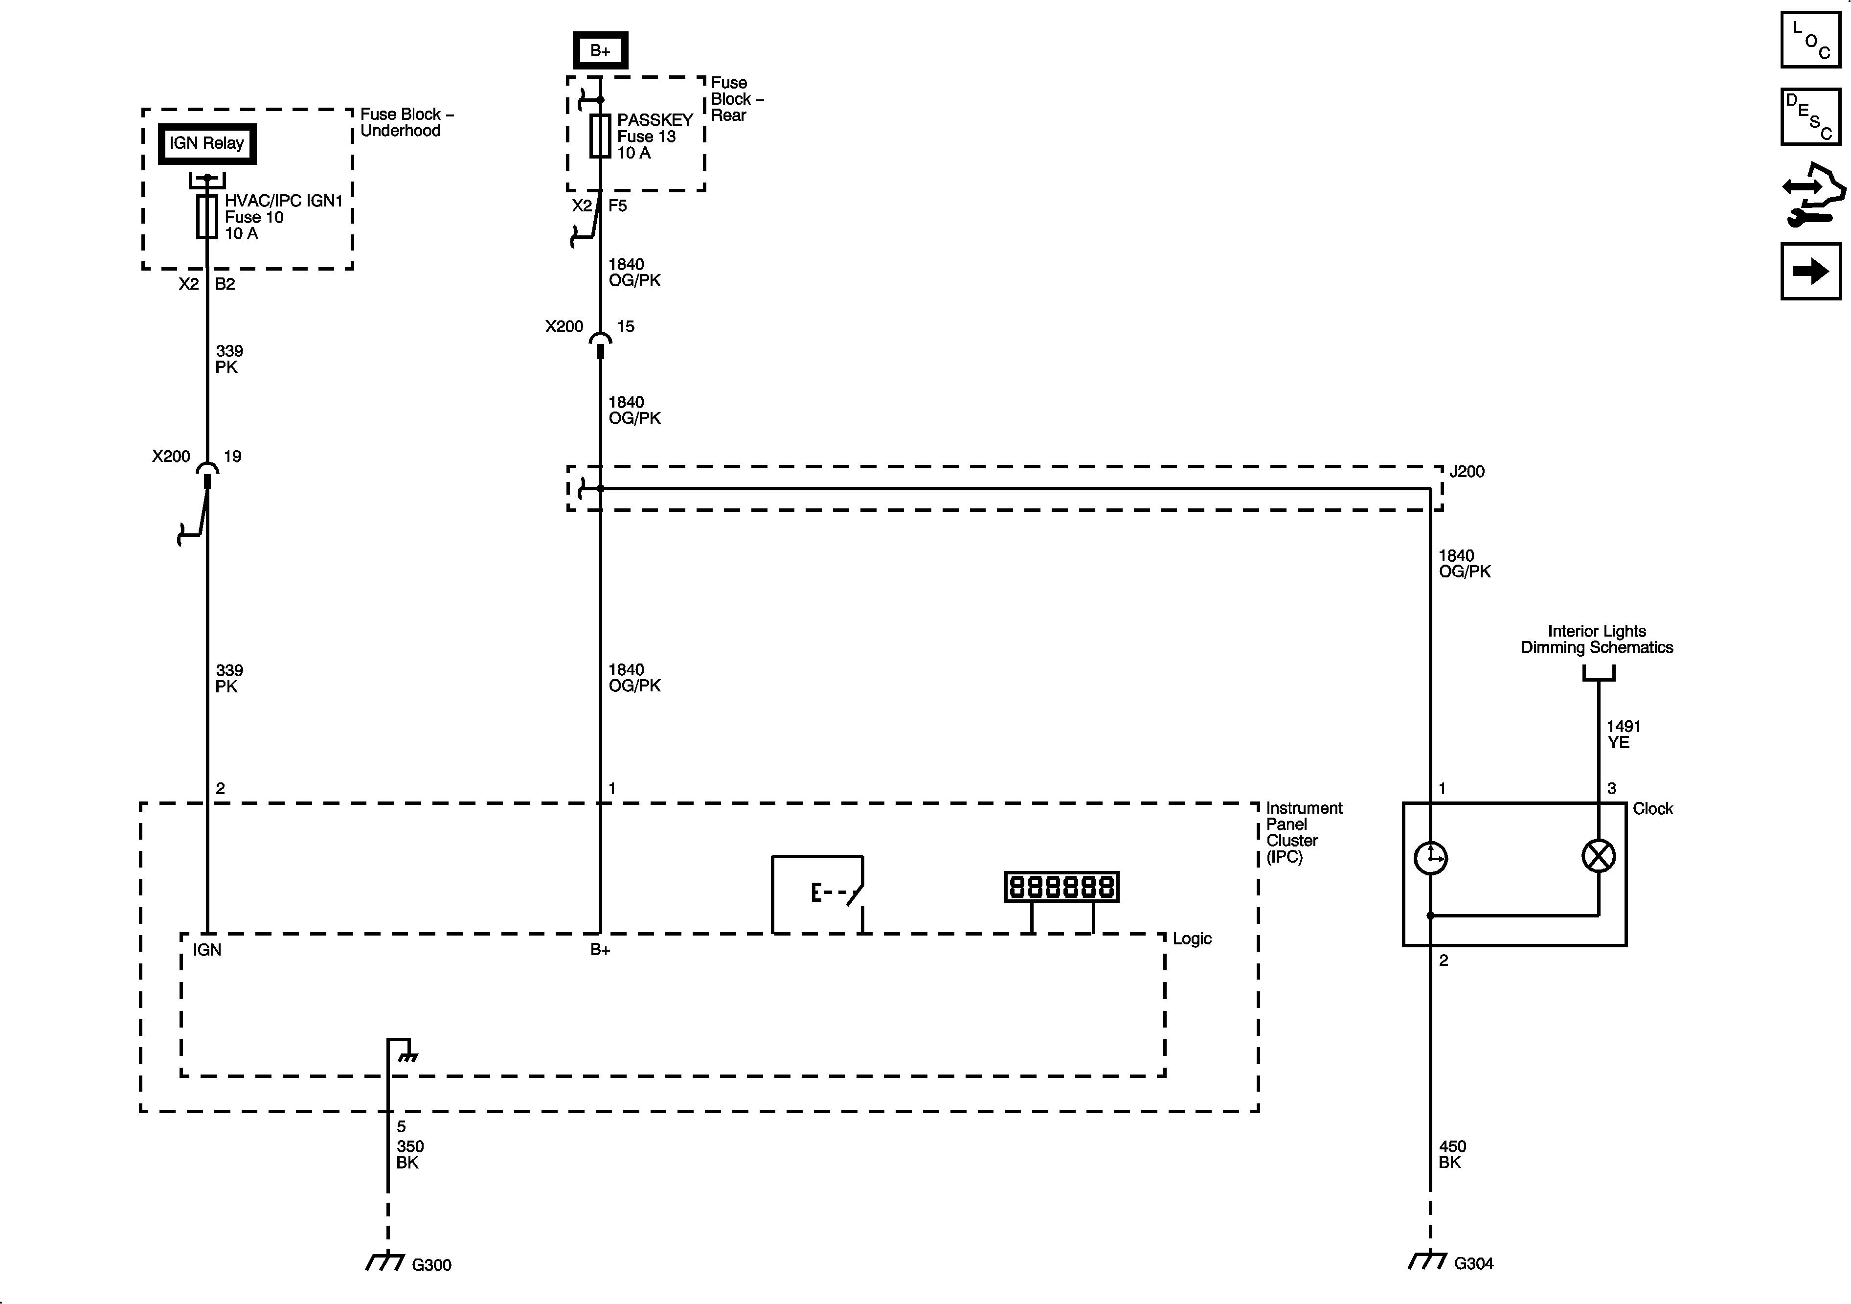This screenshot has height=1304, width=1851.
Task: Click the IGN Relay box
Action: [x=206, y=143]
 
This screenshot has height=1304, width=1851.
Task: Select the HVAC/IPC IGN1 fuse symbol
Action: [x=207, y=216]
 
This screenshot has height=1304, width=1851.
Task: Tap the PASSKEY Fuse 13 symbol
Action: [x=600, y=136]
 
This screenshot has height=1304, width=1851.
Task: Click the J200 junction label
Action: [x=1467, y=472]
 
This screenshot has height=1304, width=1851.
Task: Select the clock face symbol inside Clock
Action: [x=1431, y=857]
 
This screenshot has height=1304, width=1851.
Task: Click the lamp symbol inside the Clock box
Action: [x=1599, y=856]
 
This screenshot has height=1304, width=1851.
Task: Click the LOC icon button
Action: [x=1811, y=40]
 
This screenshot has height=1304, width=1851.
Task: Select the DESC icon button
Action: [x=1811, y=117]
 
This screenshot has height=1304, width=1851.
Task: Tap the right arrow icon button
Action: [x=1811, y=271]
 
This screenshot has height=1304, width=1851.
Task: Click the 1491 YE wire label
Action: [x=1623, y=734]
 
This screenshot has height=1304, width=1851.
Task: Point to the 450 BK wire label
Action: [x=1452, y=1154]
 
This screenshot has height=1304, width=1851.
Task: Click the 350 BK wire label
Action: [x=409, y=1154]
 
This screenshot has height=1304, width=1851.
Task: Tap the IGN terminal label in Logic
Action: [x=207, y=950]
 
